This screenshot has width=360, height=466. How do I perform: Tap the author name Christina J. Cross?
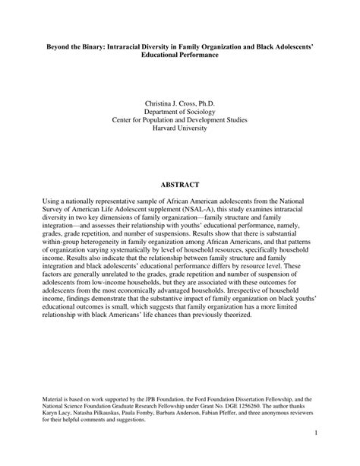coord(179,101)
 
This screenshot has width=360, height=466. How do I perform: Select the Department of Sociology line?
coord(179,110)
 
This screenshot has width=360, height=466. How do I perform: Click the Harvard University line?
coord(179,128)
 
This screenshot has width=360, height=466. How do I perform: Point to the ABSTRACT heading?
coord(179,185)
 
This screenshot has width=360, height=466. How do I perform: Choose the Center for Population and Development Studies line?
coord(179,119)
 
